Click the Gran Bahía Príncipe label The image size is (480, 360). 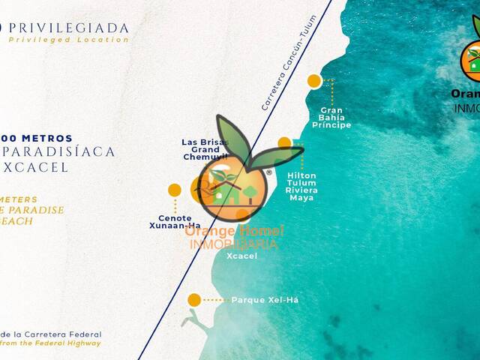coord(331,117)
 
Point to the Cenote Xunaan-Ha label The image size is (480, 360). coord(175,222)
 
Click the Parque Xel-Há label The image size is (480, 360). coord(265,300)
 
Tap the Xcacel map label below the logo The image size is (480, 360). coord(241,256)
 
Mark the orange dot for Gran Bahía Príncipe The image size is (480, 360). coord(314,81)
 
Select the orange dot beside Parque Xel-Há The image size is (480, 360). coord(194,300)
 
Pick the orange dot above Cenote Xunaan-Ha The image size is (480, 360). coord(175,190)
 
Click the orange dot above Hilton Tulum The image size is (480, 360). coord(284,142)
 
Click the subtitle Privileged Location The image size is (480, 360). coord(69,40)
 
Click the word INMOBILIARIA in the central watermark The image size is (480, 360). coord(233,244)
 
